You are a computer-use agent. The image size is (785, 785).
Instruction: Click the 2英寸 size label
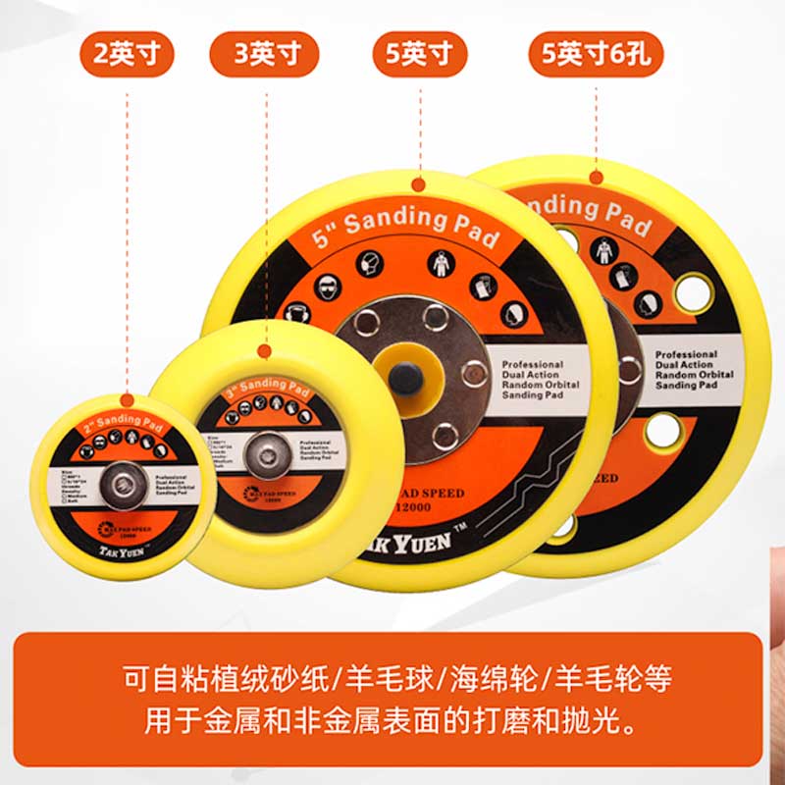[127, 54]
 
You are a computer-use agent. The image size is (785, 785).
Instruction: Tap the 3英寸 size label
[264, 54]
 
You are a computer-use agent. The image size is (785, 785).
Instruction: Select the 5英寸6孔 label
[597, 54]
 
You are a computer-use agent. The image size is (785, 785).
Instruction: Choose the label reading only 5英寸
[420, 54]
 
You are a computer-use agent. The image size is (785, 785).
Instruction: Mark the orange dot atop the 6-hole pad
[596, 178]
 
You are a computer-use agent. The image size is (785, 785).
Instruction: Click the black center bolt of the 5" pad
[404, 379]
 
